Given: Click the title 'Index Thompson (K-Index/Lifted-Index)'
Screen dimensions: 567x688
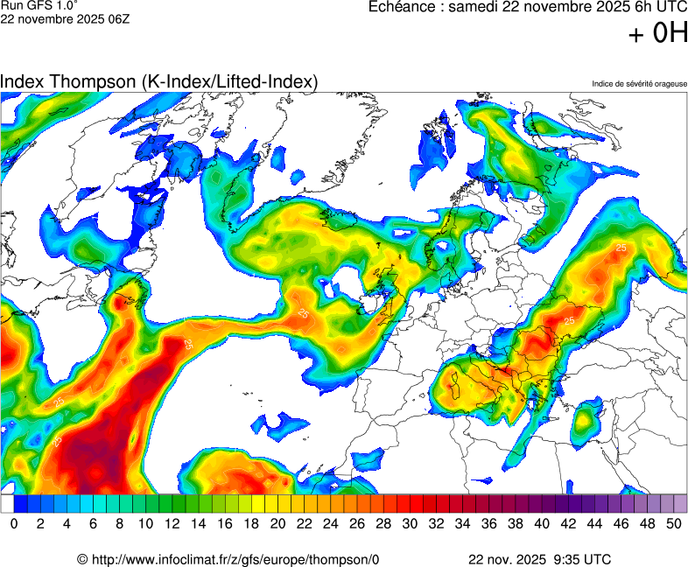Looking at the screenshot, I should click(x=158, y=81).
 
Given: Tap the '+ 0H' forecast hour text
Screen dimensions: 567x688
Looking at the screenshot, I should click(x=658, y=33).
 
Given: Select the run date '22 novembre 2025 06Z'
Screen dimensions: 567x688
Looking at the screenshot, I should click(x=65, y=19).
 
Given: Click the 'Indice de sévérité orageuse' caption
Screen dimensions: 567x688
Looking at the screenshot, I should click(x=639, y=84).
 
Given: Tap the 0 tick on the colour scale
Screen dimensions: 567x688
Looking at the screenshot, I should click(x=14, y=523).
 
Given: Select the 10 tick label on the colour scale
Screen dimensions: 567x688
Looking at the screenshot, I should click(x=145, y=523).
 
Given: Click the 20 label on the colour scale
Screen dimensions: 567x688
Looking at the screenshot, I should click(x=277, y=523).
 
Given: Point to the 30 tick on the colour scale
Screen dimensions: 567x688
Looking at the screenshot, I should click(x=410, y=523).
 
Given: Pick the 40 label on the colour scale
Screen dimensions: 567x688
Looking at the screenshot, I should click(x=542, y=523).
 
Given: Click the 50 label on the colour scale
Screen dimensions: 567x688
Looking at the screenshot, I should click(x=674, y=523).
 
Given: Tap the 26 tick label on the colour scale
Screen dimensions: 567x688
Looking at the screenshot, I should click(x=357, y=523).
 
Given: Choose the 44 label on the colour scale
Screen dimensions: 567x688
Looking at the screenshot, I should click(x=594, y=523).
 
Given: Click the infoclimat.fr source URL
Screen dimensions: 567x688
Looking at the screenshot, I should click(x=235, y=559).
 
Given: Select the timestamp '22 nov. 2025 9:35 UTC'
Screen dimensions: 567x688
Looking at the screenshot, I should click(x=540, y=559).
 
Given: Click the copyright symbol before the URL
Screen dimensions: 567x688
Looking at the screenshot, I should click(x=82, y=559).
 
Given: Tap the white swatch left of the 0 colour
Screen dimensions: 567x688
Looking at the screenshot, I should click(x=7, y=504).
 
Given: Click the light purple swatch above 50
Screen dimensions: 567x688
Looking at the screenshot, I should click(x=680, y=504).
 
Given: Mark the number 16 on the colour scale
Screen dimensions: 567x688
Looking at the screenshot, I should click(x=225, y=523).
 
